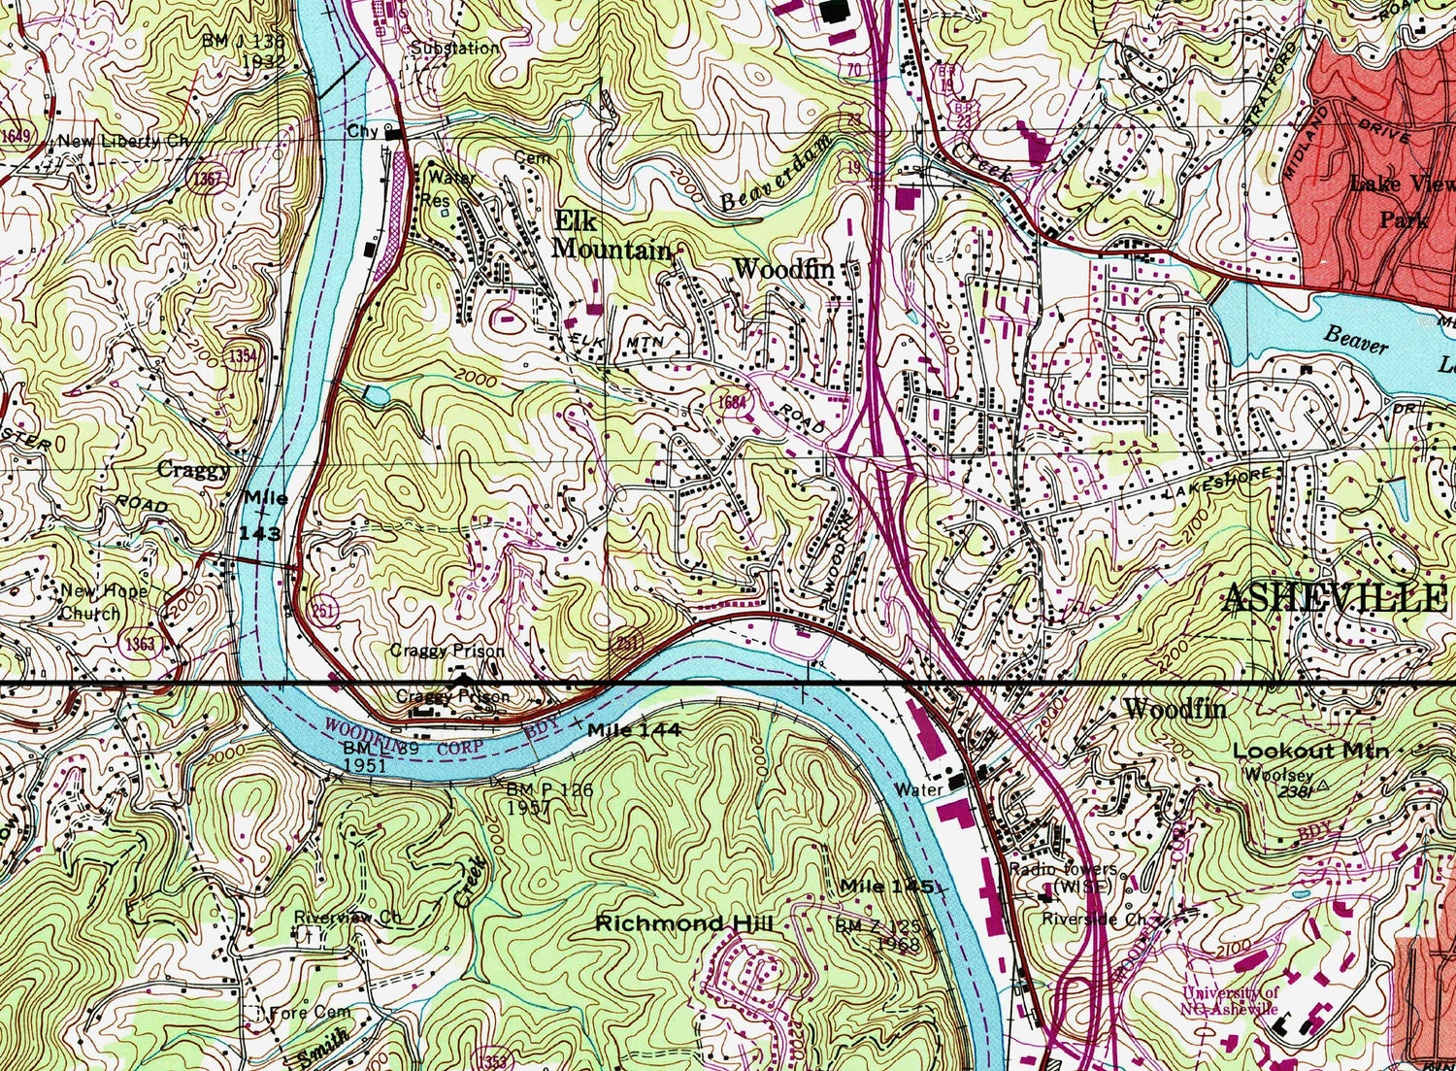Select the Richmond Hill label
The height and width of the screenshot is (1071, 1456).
(x=683, y=923)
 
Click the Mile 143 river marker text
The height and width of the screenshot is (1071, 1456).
(x=264, y=516)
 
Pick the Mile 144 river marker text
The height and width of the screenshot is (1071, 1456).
(x=633, y=729)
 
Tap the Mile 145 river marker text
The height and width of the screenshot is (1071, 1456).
(x=889, y=886)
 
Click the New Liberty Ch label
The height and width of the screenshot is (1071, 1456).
(x=123, y=142)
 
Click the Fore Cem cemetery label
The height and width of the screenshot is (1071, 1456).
(x=310, y=1012)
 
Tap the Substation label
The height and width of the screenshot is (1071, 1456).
(x=454, y=48)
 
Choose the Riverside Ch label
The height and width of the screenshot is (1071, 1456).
(x=1093, y=918)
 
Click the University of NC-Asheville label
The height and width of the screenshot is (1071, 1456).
(x=1230, y=1000)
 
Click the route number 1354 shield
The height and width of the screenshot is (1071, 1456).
(x=243, y=355)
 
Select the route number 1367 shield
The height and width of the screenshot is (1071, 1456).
(x=207, y=179)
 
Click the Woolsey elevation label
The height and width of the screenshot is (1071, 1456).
(x=1279, y=775)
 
